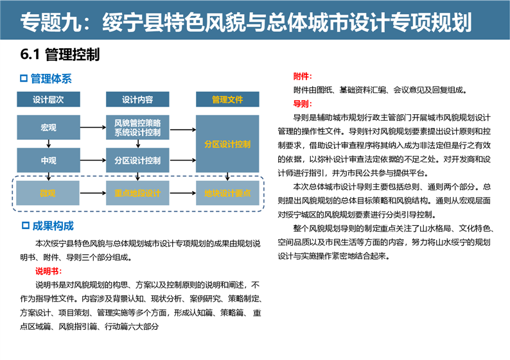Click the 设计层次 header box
48,99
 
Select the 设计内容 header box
137,99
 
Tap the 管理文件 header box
227,99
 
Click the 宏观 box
48,127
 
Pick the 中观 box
48,160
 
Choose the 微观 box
48,193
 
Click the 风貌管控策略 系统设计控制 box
137,127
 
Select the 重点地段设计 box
137,193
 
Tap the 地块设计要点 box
227,193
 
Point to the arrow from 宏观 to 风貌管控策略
93,127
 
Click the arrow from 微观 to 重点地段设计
92,193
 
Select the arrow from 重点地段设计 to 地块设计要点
182,193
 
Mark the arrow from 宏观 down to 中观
48,144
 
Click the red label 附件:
303,76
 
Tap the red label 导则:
303,104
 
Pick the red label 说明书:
48,271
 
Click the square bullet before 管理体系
24,78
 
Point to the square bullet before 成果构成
25,225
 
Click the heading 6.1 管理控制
60,55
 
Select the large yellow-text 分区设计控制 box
227,144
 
